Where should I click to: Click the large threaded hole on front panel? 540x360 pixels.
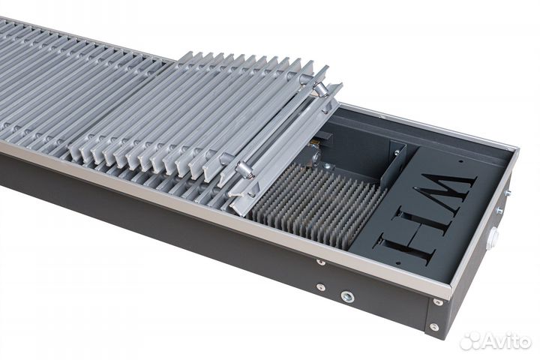[346, 296]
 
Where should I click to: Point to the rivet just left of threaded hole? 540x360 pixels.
[320, 287]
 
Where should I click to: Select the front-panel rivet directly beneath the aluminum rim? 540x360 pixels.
[321, 262]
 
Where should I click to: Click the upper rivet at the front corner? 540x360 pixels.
[437, 303]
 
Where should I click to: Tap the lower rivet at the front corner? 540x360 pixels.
[433, 327]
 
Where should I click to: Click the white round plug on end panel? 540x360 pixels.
[493, 239]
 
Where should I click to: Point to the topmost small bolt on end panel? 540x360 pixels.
[508, 193]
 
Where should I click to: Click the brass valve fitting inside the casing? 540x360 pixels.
[325, 139]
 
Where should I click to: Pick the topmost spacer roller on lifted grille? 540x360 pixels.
[320, 89]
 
